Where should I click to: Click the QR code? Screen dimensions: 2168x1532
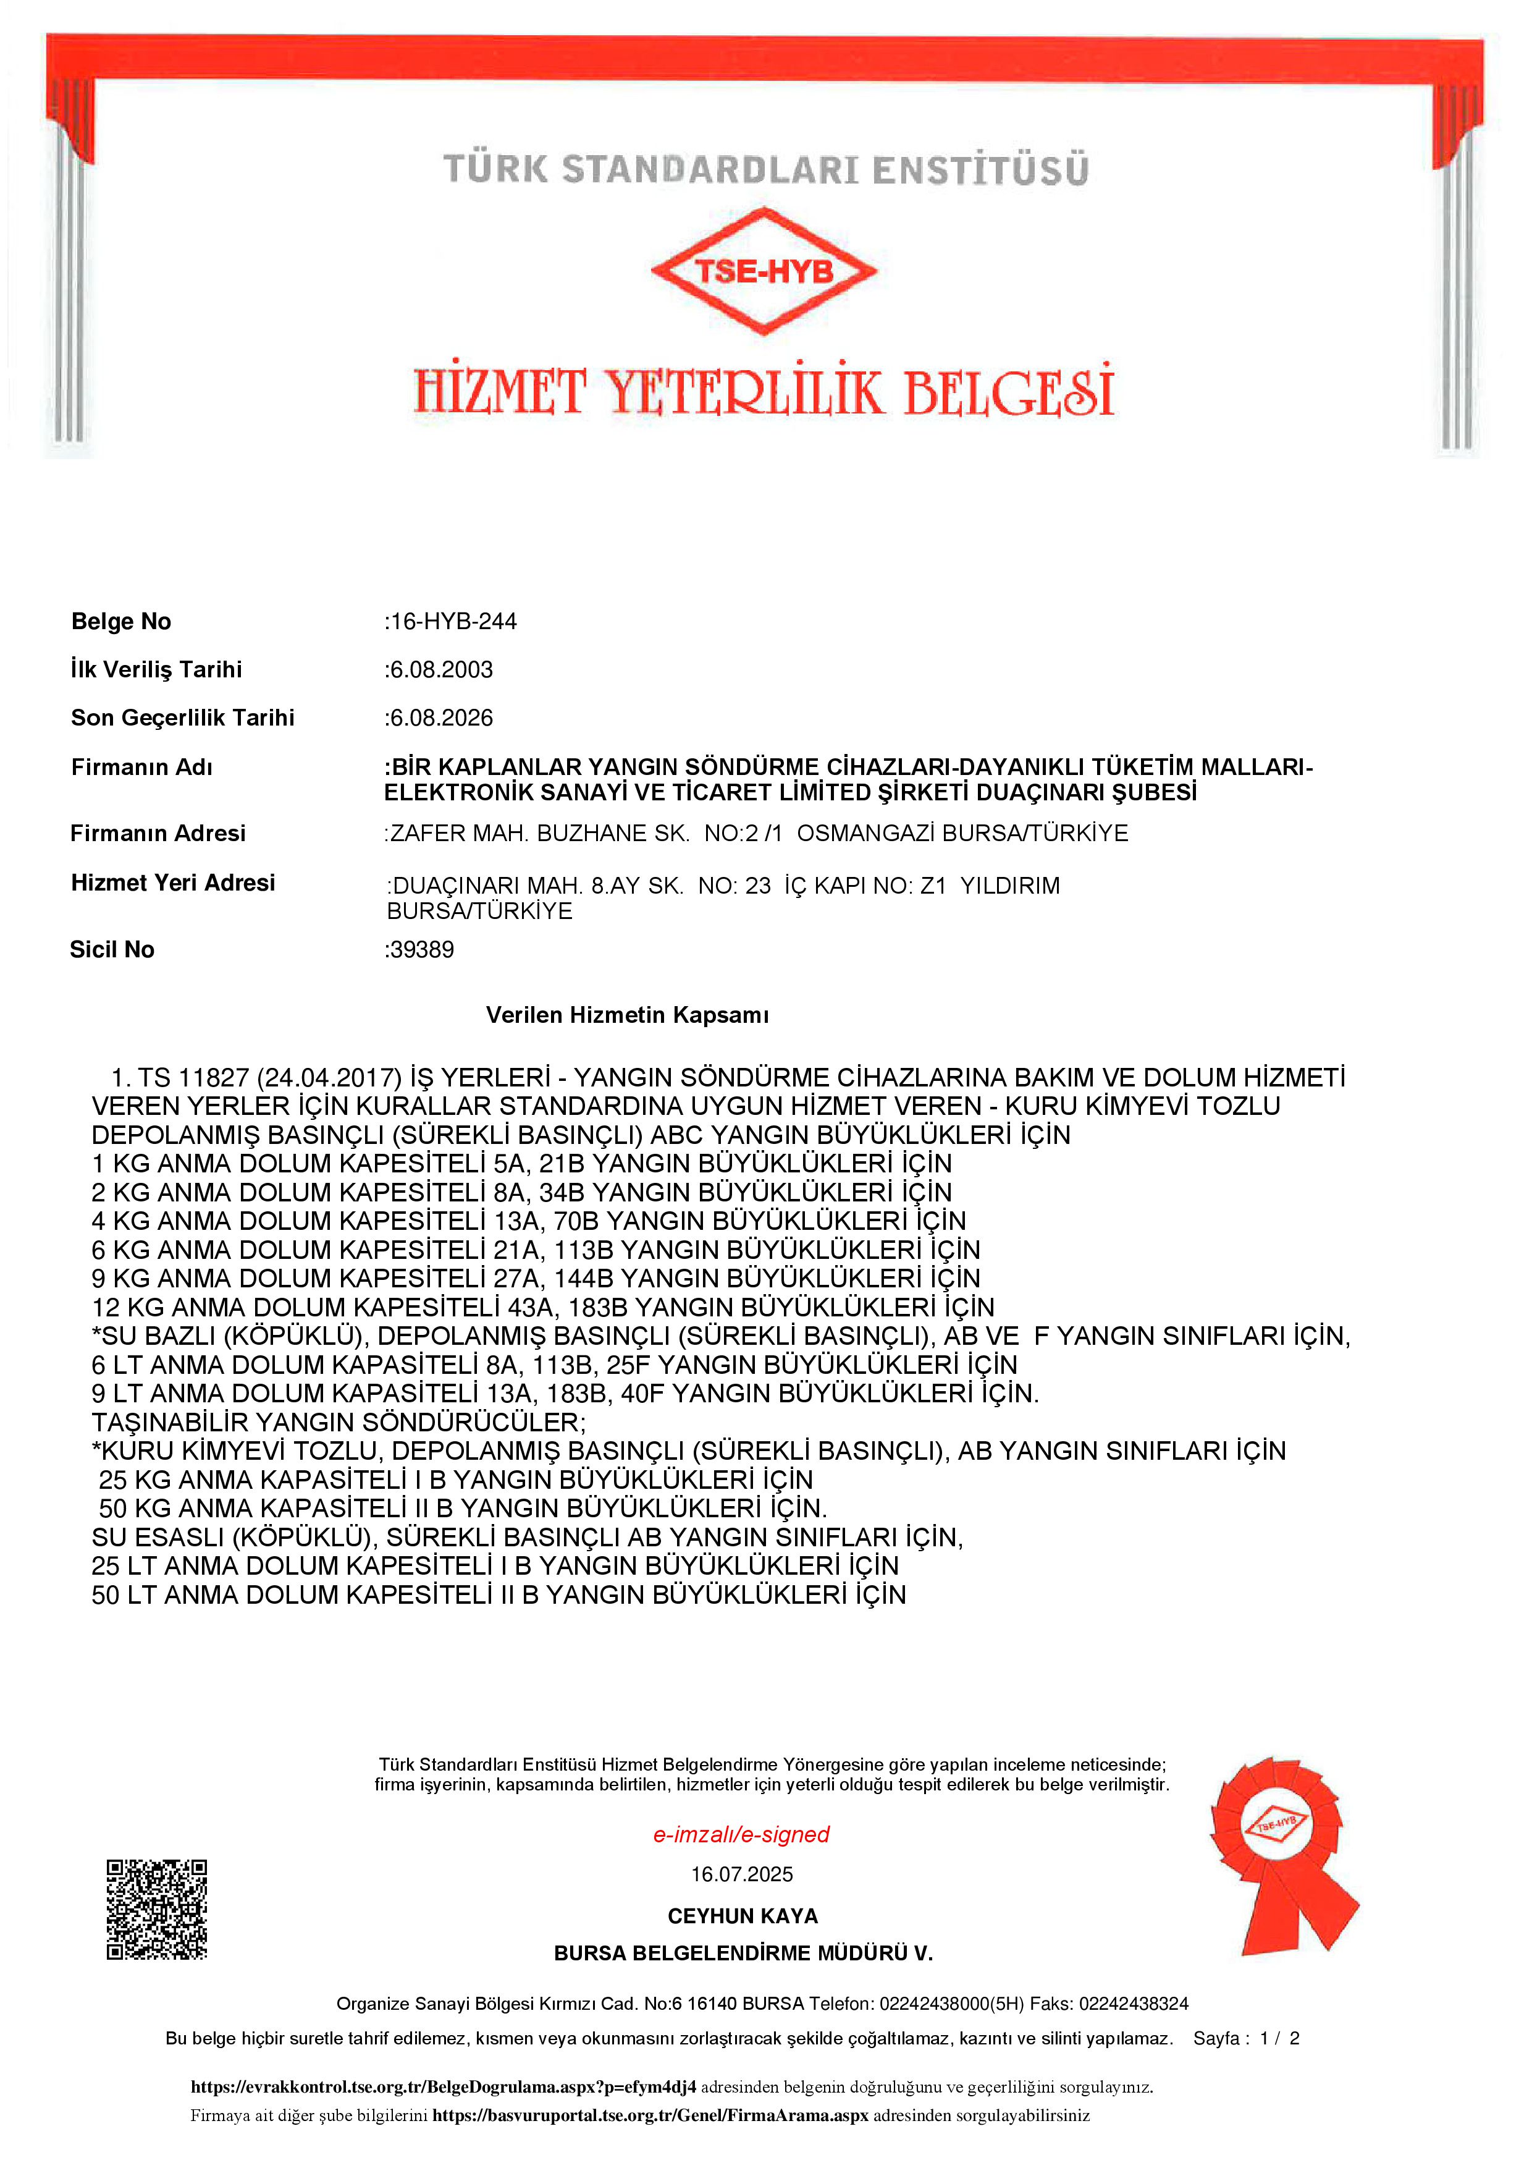coord(157,1909)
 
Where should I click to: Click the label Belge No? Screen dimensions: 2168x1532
coord(121,621)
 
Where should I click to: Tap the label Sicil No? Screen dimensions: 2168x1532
coord(112,949)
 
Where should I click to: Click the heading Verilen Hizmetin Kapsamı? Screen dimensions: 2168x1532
coord(627,1015)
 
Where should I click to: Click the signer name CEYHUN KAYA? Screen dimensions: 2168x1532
coord(743,1916)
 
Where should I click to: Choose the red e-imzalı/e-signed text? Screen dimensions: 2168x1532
coord(741,1834)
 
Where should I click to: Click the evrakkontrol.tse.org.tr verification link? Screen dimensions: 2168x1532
coord(443,2087)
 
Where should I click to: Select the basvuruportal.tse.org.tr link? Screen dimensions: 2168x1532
coord(649,2115)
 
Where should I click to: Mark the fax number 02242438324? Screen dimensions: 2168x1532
coord(1134,2004)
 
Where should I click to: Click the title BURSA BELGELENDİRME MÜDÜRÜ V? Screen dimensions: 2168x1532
coord(743,1954)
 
